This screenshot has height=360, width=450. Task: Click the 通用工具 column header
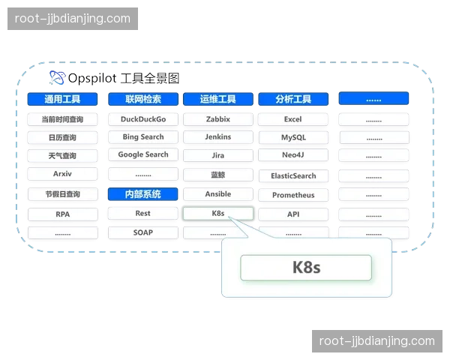point(62,99)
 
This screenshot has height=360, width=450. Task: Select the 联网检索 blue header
point(142,99)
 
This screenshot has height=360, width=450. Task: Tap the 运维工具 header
point(218,99)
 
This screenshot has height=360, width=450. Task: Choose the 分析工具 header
point(292,99)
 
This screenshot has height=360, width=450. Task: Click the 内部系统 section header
point(142,194)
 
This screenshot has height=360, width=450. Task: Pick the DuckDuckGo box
point(142,119)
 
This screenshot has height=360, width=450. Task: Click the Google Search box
point(142,155)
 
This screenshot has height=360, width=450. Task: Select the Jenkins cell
point(218,137)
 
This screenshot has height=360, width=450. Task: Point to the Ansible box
point(218,194)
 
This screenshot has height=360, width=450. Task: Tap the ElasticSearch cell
point(292,176)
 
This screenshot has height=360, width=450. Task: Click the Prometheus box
point(292,195)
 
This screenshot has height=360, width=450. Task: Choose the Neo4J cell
point(292,156)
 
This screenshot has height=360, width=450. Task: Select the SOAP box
point(142,232)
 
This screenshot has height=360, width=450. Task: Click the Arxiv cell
point(62,174)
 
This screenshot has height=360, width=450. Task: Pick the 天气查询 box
point(62,156)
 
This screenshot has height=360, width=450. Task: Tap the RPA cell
point(62,214)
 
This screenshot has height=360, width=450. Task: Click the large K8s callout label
point(306,268)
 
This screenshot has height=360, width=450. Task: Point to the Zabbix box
point(218,119)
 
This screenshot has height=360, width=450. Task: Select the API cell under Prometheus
point(292,214)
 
